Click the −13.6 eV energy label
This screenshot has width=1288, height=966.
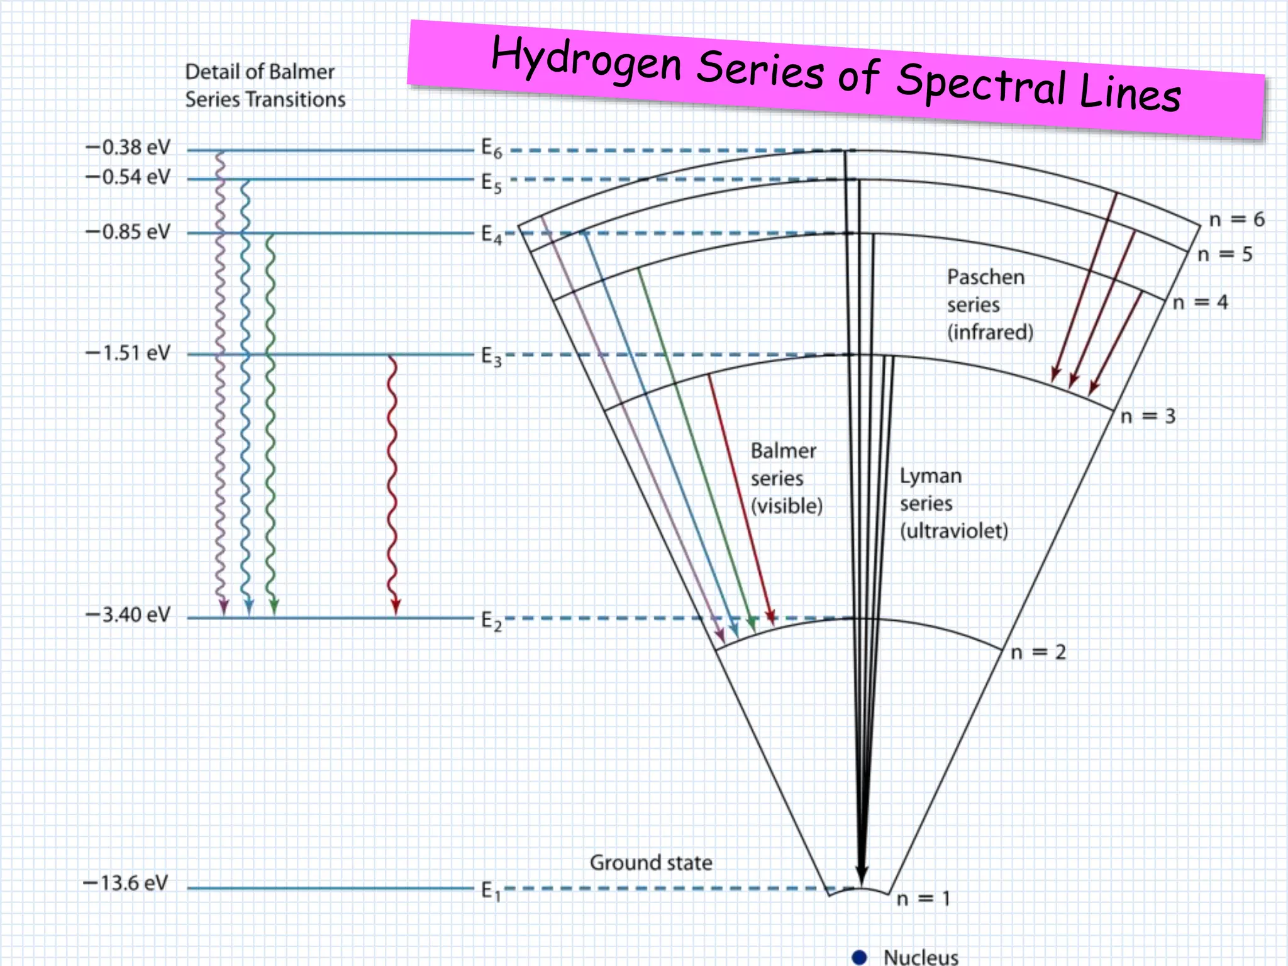coord(126,883)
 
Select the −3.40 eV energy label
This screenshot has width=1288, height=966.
coord(128,614)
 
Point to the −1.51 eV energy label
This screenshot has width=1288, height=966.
coord(128,353)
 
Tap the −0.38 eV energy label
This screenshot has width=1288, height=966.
coord(128,147)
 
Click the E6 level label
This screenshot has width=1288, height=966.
coord(491,149)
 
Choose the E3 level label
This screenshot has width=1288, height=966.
coord(491,357)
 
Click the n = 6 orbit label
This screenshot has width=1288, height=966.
coord(1236,219)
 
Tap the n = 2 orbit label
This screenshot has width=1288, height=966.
coord(1038,652)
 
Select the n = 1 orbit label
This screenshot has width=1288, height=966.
coord(923,899)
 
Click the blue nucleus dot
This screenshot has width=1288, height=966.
coord(859,957)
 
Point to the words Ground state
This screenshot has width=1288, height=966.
coord(651,863)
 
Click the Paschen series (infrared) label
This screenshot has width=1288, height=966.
coord(989,304)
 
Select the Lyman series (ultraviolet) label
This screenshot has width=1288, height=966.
coord(953,503)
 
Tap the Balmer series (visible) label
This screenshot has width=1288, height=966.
coord(786,478)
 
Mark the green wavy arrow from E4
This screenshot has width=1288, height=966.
coord(270,421)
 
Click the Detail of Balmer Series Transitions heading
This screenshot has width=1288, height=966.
coord(265,86)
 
